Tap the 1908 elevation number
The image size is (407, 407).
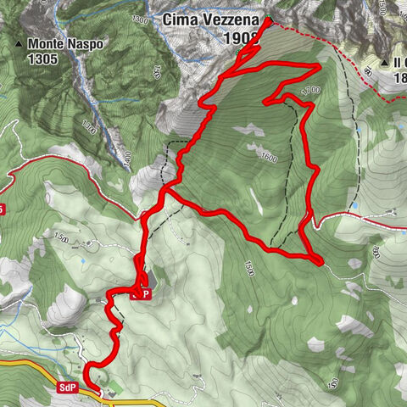241,39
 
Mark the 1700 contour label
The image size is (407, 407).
309,89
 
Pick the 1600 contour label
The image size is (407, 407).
270,157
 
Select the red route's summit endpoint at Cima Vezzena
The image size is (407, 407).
268,20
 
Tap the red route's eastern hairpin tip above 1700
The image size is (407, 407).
318,66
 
